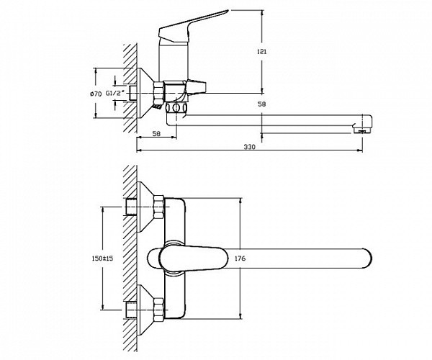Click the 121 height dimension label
pos(261,52)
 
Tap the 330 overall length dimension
pos(250,147)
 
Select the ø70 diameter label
pos(96,94)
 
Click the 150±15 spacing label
pos(102,258)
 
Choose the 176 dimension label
pos(240,258)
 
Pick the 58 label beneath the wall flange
pos(156,134)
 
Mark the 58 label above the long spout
pos(262,104)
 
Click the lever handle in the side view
pos(191,27)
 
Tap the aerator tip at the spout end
pos(362,130)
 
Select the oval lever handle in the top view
pos(194,258)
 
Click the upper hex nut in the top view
pos(158,207)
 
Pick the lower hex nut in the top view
pos(158,310)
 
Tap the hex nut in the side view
pos(158,93)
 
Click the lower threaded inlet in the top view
pos(131,310)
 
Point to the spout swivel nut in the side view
pos(177,108)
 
